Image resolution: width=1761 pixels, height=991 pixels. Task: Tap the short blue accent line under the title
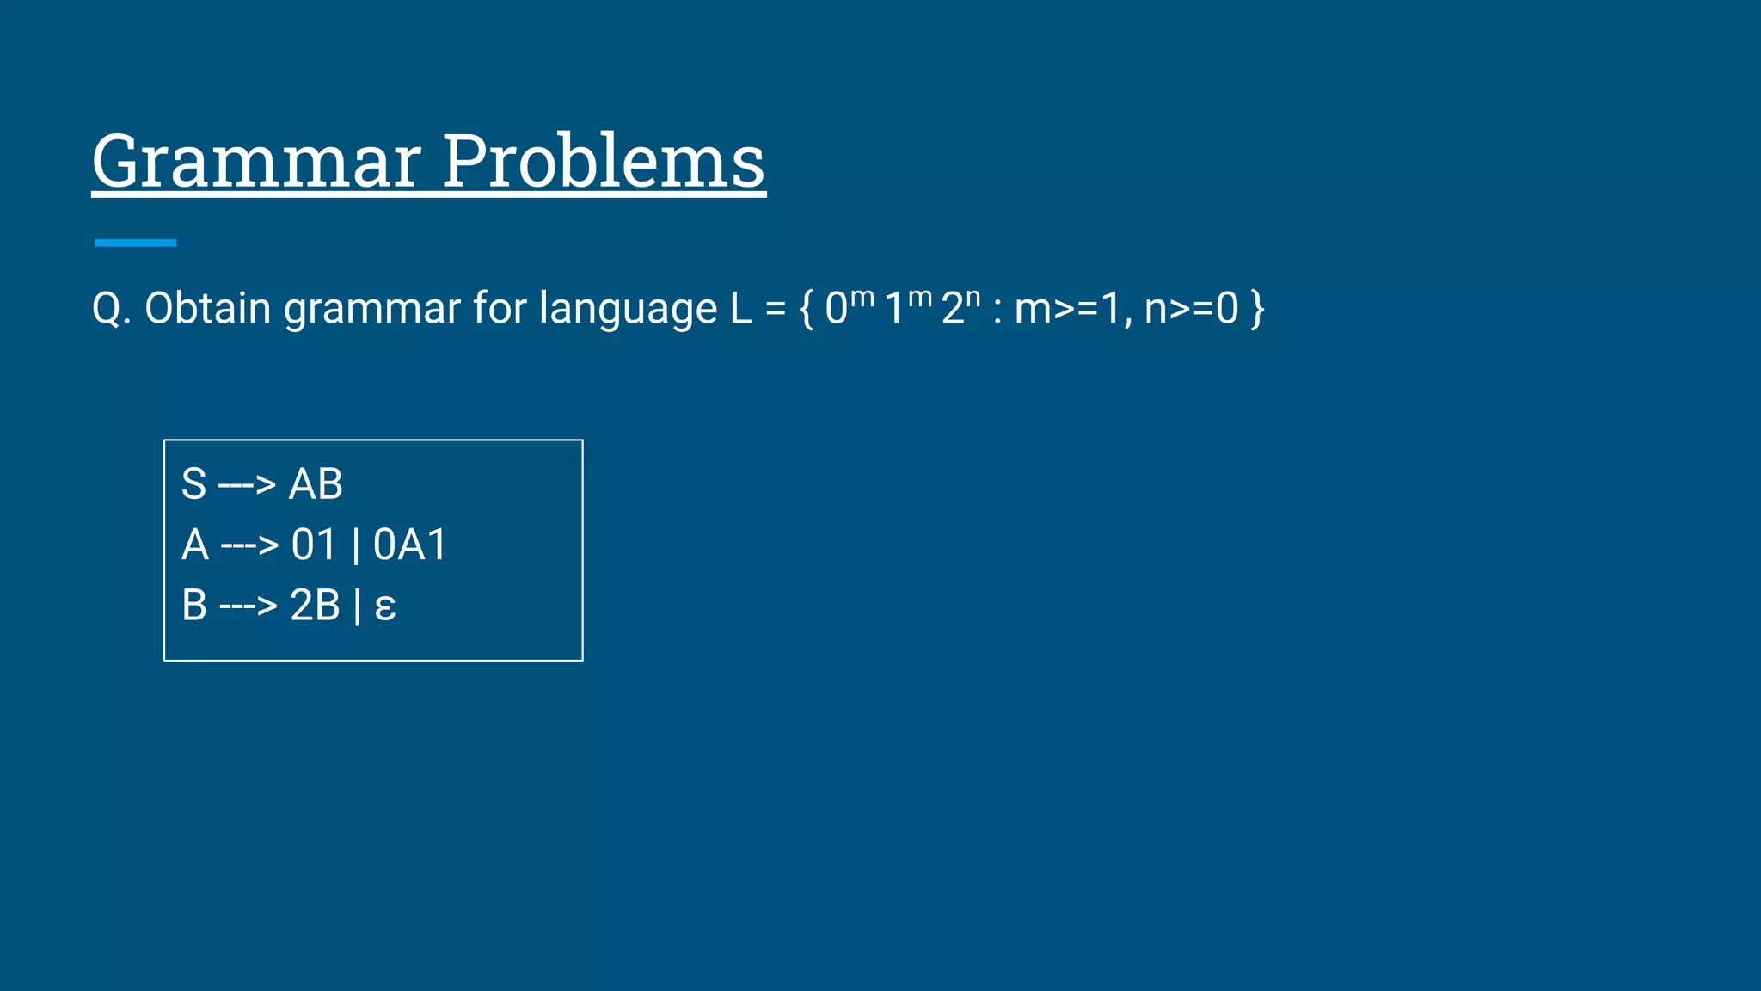(x=135, y=243)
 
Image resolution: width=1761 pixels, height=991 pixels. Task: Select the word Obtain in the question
(x=207, y=308)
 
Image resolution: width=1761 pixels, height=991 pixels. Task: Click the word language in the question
(x=628, y=308)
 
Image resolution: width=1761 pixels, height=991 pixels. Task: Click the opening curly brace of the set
(x=806, y=308)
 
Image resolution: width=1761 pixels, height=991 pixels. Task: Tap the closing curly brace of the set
(x=1257, y=308)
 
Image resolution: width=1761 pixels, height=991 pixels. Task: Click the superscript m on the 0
(x=862, y=297)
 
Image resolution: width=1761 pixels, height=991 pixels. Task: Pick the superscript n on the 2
(x=973, y=297)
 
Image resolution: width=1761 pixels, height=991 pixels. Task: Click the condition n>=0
(x=1191, y=308)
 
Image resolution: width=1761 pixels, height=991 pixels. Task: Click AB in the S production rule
(x=316, y=483)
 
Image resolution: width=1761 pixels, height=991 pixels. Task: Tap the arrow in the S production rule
(x=247, y=484)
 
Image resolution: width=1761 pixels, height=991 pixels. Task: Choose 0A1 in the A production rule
(x=410, y=545)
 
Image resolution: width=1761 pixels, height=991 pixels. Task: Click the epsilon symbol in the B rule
(x=385, y=606)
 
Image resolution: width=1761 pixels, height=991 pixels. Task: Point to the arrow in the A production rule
(x=249, y=545)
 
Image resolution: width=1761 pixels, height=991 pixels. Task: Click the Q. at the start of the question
(x=111, y=308)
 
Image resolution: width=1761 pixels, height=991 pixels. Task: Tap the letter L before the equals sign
(x=740, y=308)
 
